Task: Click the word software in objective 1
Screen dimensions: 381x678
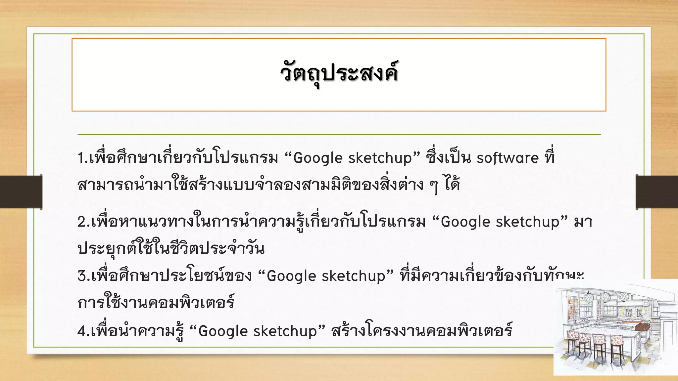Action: pos(507,158)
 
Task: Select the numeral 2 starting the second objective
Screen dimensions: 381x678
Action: pos(81,222)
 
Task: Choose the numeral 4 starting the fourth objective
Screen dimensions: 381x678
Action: pos(81,331)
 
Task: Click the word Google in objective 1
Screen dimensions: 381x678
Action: pos(317,158)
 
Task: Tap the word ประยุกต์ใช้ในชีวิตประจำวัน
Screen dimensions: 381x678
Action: pos(171,249)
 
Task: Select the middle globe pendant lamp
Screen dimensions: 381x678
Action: pos(605,297)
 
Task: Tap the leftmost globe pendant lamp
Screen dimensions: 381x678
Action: pos(589,298)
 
